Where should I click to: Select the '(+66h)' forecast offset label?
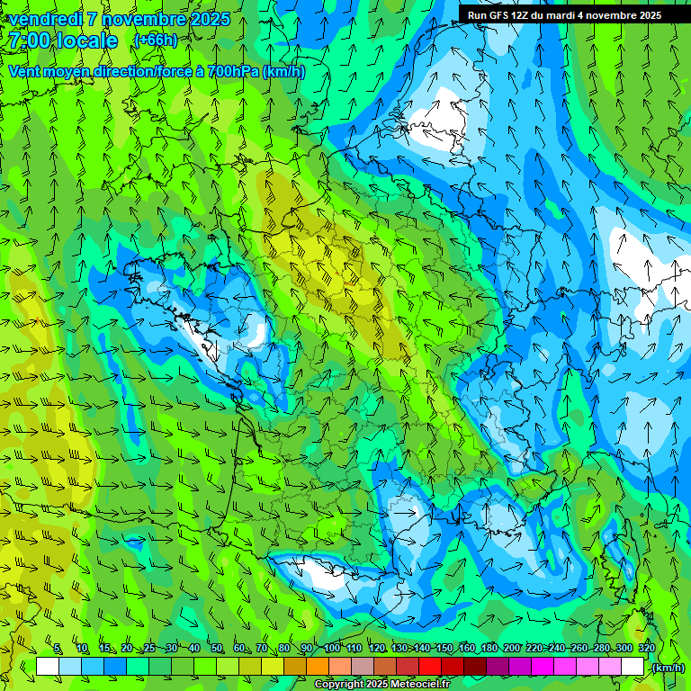pyautogui.click(x=155, y=40)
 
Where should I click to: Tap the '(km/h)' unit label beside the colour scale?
pyautogui.click(x=669, y=668)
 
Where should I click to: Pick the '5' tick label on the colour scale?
pyautogui.click(x=58, y=649)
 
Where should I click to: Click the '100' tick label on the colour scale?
pyautogui.click(x=332, y=649)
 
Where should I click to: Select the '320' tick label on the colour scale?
pyautogui.click(x=646, y=649)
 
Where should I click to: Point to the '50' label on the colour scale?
pyautogui.click(x=217, y=649)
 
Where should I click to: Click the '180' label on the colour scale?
pyautogui.click(x=489, y=649)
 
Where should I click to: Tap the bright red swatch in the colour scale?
pyautogui.click(x=431, y=667)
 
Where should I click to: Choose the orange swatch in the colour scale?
pyautogui.click(x=318, y=667)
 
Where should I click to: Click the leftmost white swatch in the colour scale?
pyautogui.click(x=48, y=667)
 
